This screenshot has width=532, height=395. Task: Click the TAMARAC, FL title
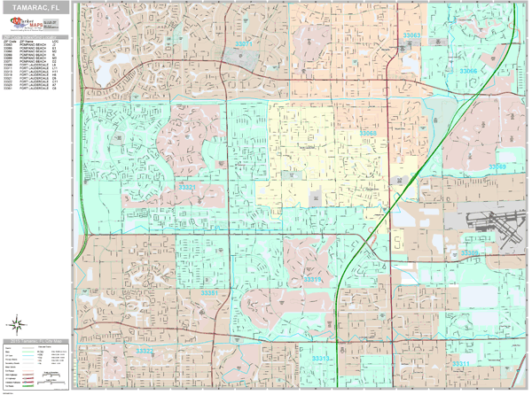click(37, 7)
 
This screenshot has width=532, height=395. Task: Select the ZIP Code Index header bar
click(37, 36)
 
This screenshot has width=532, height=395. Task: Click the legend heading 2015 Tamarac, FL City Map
click(38, 341)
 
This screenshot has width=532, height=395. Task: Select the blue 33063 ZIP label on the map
click(411, 35)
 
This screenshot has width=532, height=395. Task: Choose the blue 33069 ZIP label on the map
click(497, 167)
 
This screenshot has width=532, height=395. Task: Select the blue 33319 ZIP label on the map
click(314, 280)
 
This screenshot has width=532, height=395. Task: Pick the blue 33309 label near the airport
click(470, 252)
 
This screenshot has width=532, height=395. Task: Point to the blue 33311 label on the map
click(461, 363)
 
